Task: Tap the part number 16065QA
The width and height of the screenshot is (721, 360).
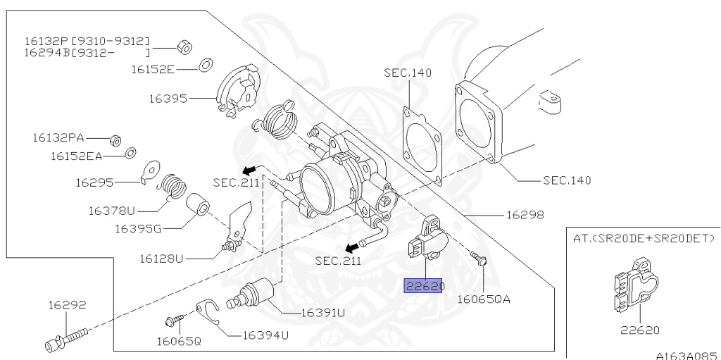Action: tap(484, 299)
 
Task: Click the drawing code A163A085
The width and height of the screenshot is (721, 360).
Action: tap(686, 355)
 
